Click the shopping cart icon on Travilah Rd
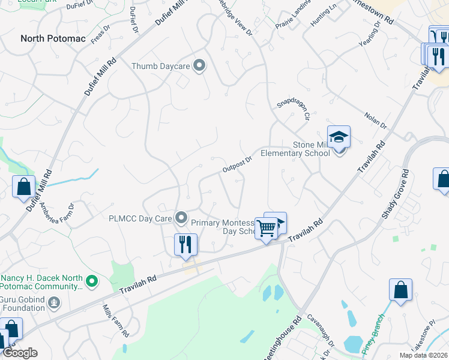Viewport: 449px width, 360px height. point(266,227)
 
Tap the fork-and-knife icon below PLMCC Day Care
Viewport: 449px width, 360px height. point(185,244)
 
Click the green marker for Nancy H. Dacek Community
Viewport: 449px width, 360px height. point(91,280)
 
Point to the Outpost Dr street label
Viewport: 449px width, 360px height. point(237,164)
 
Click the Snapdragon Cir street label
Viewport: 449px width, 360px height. point(293,107)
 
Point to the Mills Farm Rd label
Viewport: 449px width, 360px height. point(116,320)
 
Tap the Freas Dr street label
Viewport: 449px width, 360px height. point(100,35)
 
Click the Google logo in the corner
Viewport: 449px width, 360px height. point(20,353)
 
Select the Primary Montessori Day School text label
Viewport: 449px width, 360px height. point(225,226)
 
